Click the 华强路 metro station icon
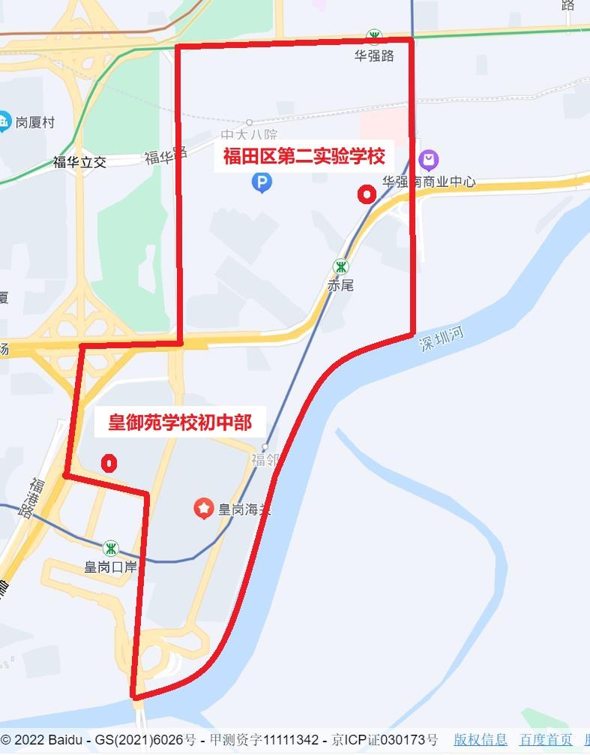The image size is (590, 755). [x=374, y=37]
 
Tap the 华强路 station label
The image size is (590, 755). [x=374, y=56]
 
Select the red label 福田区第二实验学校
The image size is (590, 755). [x=304, y=157]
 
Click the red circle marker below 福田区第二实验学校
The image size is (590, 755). [x=367, y=194]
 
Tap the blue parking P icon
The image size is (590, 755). [x=262, y=182]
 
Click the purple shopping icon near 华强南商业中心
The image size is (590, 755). [x=429, y=160]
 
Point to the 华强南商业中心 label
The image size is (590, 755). [x=428, y=182]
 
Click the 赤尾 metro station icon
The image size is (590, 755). [x=341, y=266]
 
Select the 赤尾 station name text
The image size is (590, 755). [x=340, y=285]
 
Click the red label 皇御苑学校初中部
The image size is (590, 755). [x=180, y=423]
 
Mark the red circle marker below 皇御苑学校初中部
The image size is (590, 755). [x=110, y=463]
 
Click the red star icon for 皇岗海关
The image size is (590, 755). [x=204, y=509]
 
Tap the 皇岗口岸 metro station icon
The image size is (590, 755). [x=111, y=549]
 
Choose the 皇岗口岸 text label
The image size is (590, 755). [x=111, y=567]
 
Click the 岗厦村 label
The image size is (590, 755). [x=34, y=122]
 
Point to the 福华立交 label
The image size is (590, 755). [x=79, y=162]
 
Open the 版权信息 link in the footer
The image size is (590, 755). [x=480, y=740]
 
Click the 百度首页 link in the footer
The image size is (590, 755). [x=546, y=740]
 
